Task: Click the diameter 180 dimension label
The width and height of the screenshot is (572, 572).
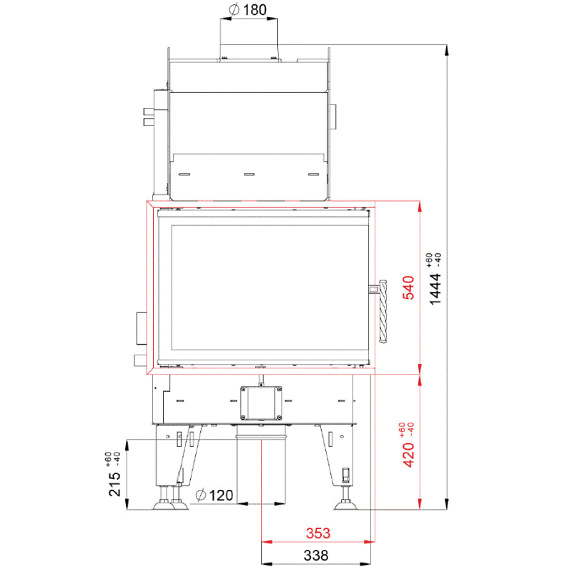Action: point(248,10)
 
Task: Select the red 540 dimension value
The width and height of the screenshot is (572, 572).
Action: point(408,287)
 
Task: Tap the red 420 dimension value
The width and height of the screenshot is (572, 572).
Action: point(408,455)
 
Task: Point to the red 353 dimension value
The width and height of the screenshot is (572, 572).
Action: point(318,533)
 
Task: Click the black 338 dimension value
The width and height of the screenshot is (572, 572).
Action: point(316,556)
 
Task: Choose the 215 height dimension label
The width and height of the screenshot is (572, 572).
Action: point(114,484)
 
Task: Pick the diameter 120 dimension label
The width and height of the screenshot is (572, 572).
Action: point(214,495)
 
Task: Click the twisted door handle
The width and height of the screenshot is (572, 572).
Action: point(383,311)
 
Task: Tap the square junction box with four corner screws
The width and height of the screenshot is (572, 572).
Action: point(261,403)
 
